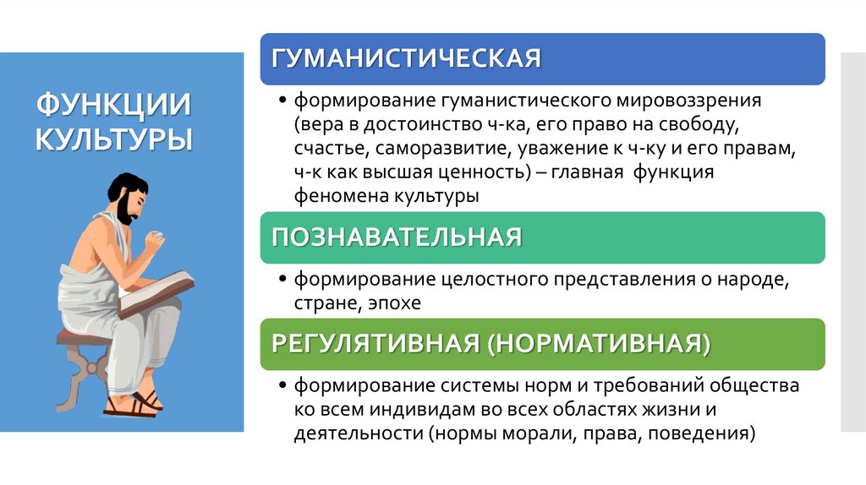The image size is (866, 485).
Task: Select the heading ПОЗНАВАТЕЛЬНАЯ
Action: [x=396, y=237]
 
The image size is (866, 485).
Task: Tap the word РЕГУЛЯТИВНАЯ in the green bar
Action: [x=375, y=345]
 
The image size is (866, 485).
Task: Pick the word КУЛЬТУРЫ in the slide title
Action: [x=113, y=138]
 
